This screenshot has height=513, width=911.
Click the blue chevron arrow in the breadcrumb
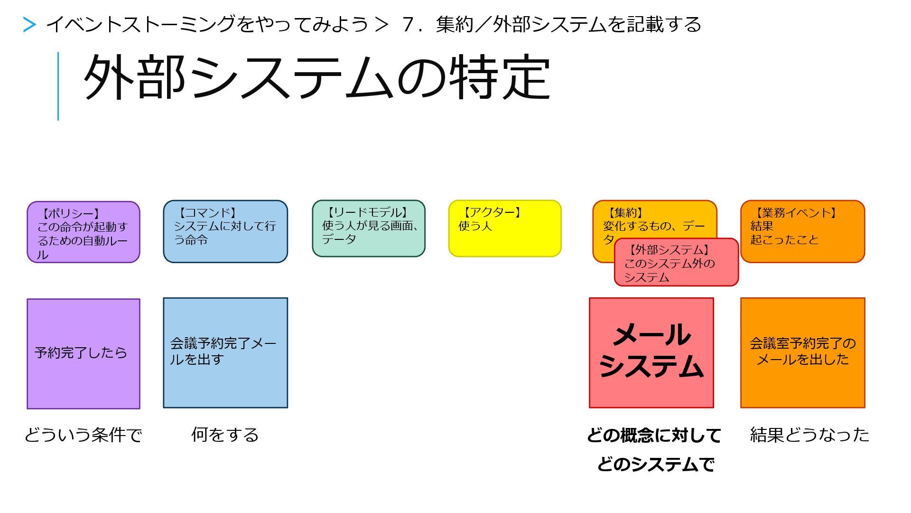(x=29, y=25)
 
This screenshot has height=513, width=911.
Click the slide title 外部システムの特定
(x=316, y=78)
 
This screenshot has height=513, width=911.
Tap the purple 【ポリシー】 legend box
(x=84, y=232)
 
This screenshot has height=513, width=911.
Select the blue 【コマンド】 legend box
(x=225, y=231)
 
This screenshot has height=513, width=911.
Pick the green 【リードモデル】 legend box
(x=368, y=228)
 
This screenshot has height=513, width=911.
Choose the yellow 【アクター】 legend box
(x=505, y=228)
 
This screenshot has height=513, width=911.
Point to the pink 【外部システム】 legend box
(x=676, y=263)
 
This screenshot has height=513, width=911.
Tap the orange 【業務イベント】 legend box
(x=802, y=231)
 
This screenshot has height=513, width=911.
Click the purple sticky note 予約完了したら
(x=84, y=353)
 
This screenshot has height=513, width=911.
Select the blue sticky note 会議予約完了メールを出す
(x=225, y=353)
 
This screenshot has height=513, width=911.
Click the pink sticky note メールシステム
(x=651, y=353)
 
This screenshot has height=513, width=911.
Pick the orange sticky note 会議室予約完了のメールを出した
(x=802, y=353)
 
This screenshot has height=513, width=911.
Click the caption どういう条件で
(x=84, y=435)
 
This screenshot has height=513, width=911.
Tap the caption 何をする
(x=225, y=435)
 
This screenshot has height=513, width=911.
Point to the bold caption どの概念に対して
(x=654, y=435)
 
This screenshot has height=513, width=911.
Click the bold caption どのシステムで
(x=655, y=464)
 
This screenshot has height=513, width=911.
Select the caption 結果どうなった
(x=809, y=435)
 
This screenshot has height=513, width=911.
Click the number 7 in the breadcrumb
(x=407, y=25)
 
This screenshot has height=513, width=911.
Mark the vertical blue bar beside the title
(x=58, y=86)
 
